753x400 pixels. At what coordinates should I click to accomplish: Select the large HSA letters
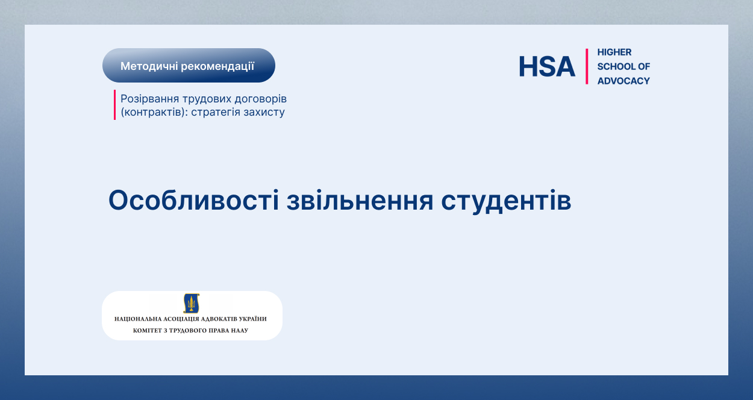click(547, 66)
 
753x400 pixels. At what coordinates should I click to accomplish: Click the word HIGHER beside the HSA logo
click(614, 52)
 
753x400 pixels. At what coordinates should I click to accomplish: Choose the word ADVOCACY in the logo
click(623, 81)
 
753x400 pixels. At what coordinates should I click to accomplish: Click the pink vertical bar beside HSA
click(587, 66)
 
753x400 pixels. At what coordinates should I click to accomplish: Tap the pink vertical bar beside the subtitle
click(114, 105)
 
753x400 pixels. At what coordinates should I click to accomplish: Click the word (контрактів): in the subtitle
click(154, 112)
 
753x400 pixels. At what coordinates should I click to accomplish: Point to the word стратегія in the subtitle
click(216, 112)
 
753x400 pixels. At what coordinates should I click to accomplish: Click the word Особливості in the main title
click(193, 201)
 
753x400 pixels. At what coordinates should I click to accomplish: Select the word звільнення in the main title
click(360, 201)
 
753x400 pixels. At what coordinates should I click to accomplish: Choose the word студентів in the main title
click(506, 201)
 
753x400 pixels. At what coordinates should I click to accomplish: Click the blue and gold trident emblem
click(192, 304)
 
